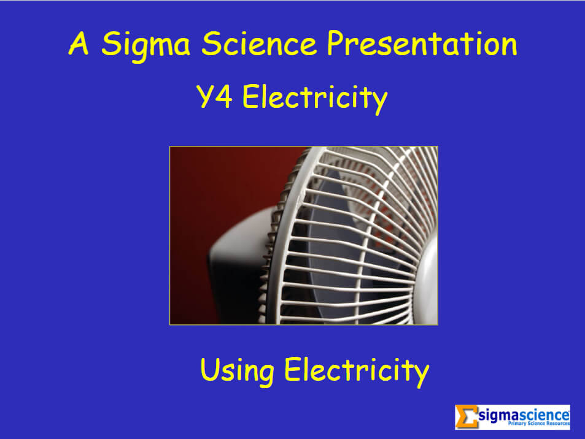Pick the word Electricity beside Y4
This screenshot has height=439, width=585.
point(315,98)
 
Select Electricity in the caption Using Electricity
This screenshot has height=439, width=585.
point(355,371)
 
